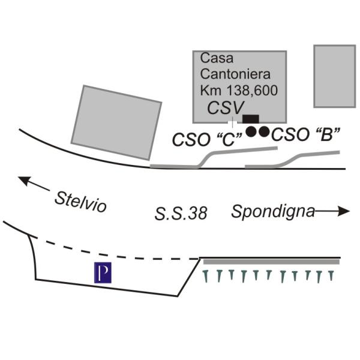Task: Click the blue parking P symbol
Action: (x=103, y=272)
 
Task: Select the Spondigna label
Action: (x=273, y=212)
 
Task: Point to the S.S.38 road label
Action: (x=181, y=214)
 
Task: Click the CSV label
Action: (x=226, y=108)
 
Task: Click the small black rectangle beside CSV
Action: (x=251, y=119)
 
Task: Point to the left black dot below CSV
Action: (x=252, y=131)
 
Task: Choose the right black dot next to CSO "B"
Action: (x=264, y=131)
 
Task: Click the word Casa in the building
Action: (x=217, y=59)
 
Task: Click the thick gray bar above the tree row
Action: (x=272, y=262)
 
